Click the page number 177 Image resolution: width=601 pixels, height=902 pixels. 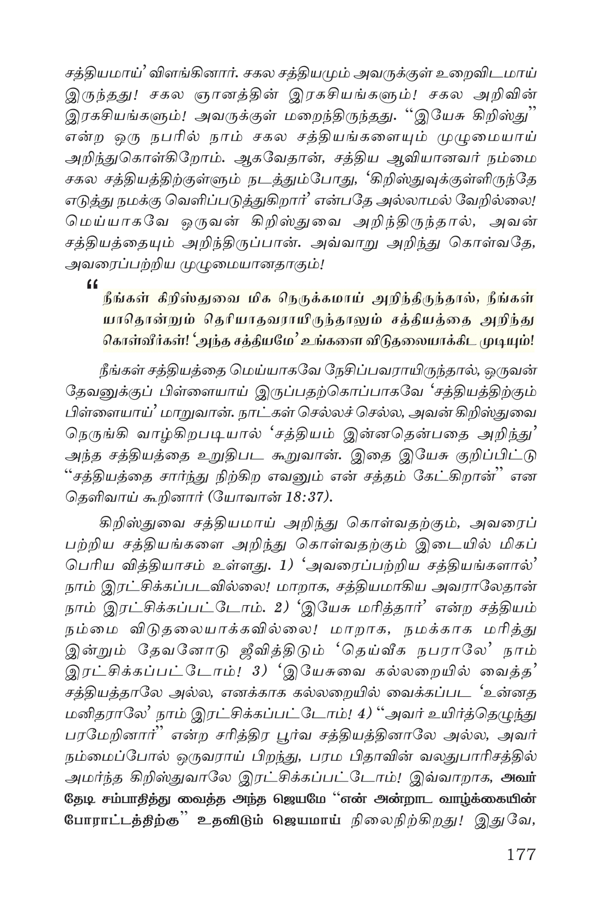point(520,853)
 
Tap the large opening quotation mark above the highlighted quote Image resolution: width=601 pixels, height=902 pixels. point(91,284)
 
